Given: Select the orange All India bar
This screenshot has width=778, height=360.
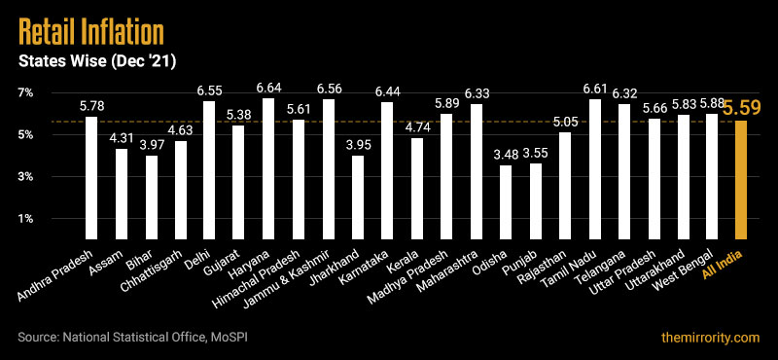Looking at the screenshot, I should (741, 180).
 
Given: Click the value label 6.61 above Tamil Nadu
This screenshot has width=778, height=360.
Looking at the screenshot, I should (594, 90).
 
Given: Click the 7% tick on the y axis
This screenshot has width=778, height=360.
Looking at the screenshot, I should (24, 92).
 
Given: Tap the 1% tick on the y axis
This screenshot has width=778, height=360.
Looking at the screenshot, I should (24, 219).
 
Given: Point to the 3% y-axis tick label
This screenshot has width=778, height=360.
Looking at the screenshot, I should (24, 177).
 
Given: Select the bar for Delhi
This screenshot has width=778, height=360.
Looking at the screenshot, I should (209, 170).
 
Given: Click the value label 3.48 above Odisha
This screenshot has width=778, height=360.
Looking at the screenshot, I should (505, 155).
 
